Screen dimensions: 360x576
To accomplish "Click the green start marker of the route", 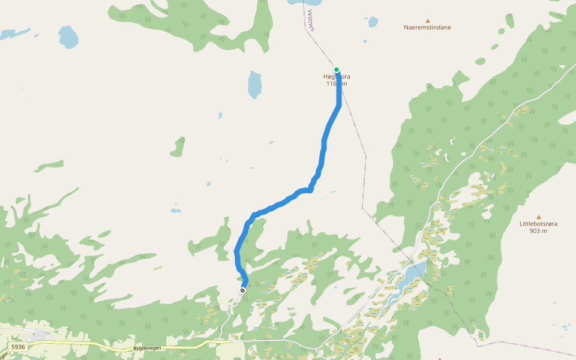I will [337, 70].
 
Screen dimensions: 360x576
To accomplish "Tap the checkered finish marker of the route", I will [242, 290].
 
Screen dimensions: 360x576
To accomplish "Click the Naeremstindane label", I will [427, 28].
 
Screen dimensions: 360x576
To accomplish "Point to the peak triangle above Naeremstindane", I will [428, 20].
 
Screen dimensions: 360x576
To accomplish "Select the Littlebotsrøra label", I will [538, 224].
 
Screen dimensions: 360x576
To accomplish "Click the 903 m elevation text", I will [538, 231].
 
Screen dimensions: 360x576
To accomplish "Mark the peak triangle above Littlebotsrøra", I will [538, 217].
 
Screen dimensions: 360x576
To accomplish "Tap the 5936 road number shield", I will [18, 347].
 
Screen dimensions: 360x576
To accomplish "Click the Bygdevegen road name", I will [148, 348].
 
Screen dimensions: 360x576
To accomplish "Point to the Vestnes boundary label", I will [311, 19].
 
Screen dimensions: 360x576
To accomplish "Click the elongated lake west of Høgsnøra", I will [255, 85].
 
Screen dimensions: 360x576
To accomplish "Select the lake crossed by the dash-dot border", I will [415, 273].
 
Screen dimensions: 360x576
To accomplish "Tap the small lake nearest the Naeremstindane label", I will [373, 22].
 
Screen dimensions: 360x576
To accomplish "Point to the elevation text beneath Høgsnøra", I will [337, 83].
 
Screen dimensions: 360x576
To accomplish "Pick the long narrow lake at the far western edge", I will [15, 32].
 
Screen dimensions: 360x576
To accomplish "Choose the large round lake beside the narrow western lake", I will [69, 37].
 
